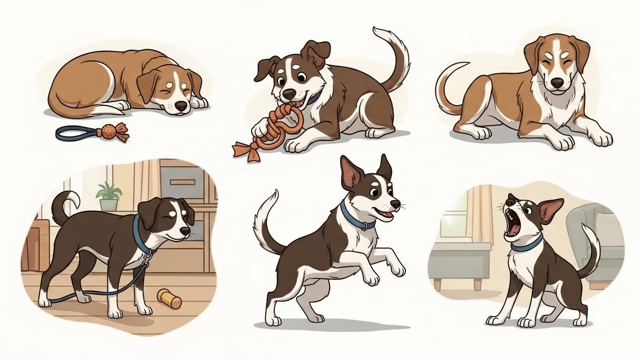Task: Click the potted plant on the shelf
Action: tap(108, 196)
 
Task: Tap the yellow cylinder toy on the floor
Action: tap(169, 299)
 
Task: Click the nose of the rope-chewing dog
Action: tap(290, 93)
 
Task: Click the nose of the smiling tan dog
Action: tap(557, 83)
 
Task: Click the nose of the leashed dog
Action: tap(186, 232)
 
